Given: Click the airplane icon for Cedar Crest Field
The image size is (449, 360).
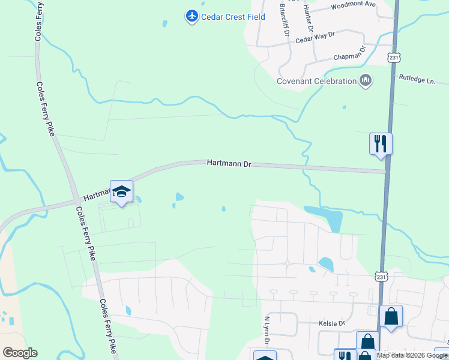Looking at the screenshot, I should point(191,16).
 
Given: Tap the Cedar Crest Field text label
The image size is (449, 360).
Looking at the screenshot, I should point(233,17).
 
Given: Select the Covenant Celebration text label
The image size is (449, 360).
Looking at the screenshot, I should point(316,81).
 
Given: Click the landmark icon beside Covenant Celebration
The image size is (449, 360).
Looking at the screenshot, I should point(366,80).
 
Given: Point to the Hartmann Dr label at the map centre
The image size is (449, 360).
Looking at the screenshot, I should point(229,163).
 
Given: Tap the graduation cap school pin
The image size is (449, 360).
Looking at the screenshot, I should point(121,192).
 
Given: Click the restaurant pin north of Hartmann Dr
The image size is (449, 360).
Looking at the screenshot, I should point(380,144).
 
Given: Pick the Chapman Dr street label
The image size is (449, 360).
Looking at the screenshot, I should point(349,58).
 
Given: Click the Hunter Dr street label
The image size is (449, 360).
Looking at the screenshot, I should point(308,17).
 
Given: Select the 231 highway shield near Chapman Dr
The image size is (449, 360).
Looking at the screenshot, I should point(393,58).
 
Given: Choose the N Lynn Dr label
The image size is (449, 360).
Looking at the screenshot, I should point(267,331).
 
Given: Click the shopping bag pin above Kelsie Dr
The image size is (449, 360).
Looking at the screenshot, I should point(391,316).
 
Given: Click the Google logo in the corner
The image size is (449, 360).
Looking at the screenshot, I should point(20,353).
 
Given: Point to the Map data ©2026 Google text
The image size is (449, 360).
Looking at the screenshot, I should point(412,355).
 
